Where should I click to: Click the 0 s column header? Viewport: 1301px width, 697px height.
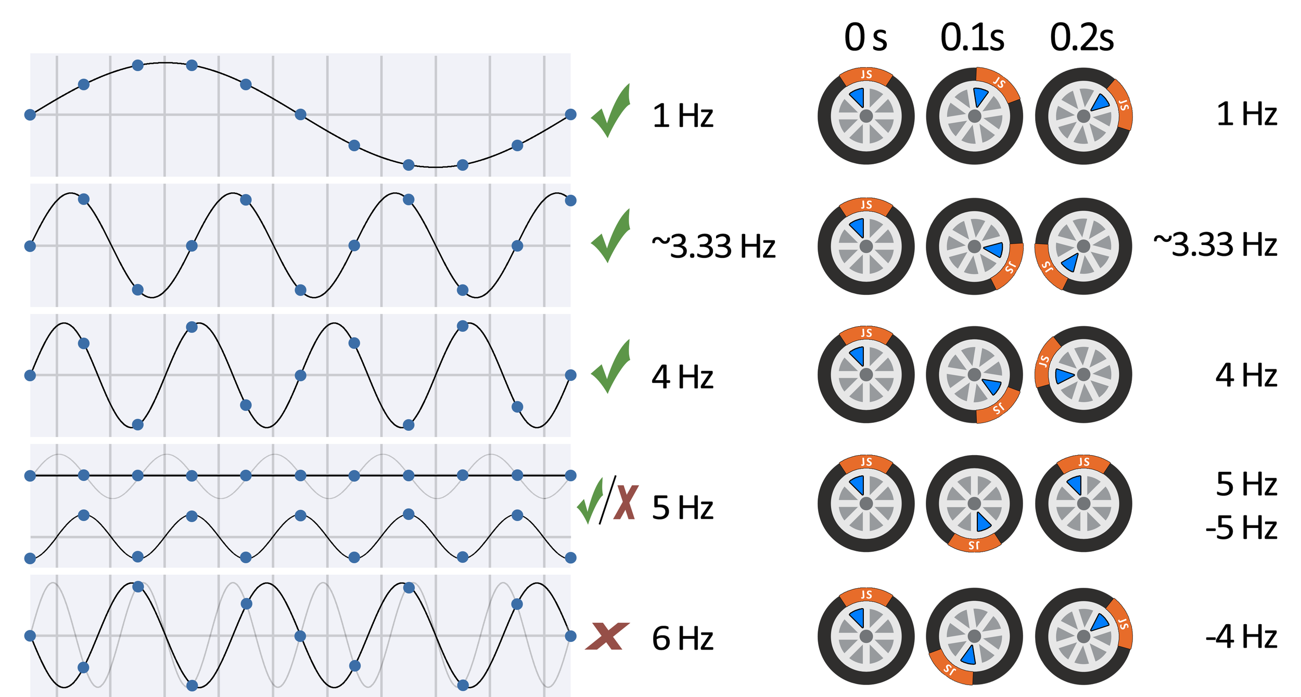pos(865,37)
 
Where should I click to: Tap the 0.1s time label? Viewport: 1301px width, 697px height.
pos(972,37)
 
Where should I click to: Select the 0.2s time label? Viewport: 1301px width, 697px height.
pos(1082,37)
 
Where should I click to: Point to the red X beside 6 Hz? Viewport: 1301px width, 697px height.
pos(607,636)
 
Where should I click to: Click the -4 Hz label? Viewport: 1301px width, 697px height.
pos(1241,636)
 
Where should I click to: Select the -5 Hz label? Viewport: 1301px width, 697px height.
pos(1241,528)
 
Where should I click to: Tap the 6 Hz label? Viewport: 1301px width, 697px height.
pos(682,638)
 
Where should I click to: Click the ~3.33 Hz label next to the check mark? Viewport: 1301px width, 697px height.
pos(713,246)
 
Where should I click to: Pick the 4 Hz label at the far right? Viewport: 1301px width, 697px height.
pos(1246,375)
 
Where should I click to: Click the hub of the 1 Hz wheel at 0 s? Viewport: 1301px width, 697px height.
pos(866,116)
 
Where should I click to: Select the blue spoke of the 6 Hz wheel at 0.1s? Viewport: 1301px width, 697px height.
pos(968,655)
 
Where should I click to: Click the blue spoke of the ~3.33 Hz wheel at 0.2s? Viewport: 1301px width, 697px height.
pos(1070,262)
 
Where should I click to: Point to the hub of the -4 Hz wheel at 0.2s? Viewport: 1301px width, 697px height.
pos(1083,636)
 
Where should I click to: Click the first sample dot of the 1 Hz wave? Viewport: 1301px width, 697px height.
pos(30,114)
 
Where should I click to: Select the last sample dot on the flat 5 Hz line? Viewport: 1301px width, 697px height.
pos(570,475)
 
